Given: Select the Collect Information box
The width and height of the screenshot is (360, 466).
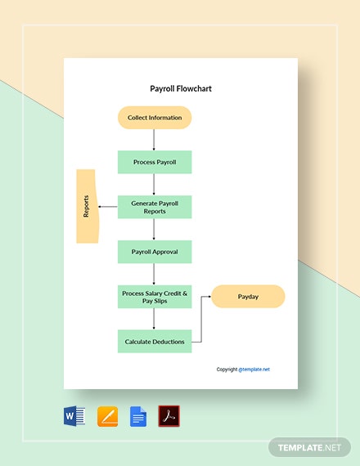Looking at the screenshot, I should [155, 118].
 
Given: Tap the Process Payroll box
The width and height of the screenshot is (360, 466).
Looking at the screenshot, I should [155, 162].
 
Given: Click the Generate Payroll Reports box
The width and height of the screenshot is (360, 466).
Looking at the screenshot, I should [155, 207].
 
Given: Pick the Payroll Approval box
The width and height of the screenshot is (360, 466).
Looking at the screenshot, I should [155, 252].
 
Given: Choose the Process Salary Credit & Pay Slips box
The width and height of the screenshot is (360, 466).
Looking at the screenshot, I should [155, 296].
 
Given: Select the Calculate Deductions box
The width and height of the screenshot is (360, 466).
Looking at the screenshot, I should [155, 341].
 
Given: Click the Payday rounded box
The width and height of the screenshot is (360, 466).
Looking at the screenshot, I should [248, 296].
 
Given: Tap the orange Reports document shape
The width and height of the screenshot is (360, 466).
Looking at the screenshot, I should [86, 206].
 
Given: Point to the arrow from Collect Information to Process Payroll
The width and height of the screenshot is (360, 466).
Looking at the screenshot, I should [155, 140].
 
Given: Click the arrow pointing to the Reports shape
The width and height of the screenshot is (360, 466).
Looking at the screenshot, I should [107, 207].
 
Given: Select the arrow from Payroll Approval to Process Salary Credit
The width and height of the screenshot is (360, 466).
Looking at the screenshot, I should [155, 274].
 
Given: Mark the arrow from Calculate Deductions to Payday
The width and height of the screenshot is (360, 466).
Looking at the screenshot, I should [201, 319].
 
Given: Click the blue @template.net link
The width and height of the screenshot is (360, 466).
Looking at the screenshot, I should [254, 369].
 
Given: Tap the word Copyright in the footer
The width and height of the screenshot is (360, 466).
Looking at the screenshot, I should [227, 369].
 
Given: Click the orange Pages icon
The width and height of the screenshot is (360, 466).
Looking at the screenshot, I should [107, 416].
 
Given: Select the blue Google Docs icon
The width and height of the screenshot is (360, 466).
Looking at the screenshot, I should [138, 416].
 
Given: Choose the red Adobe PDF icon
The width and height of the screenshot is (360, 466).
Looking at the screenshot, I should [169, 416].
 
